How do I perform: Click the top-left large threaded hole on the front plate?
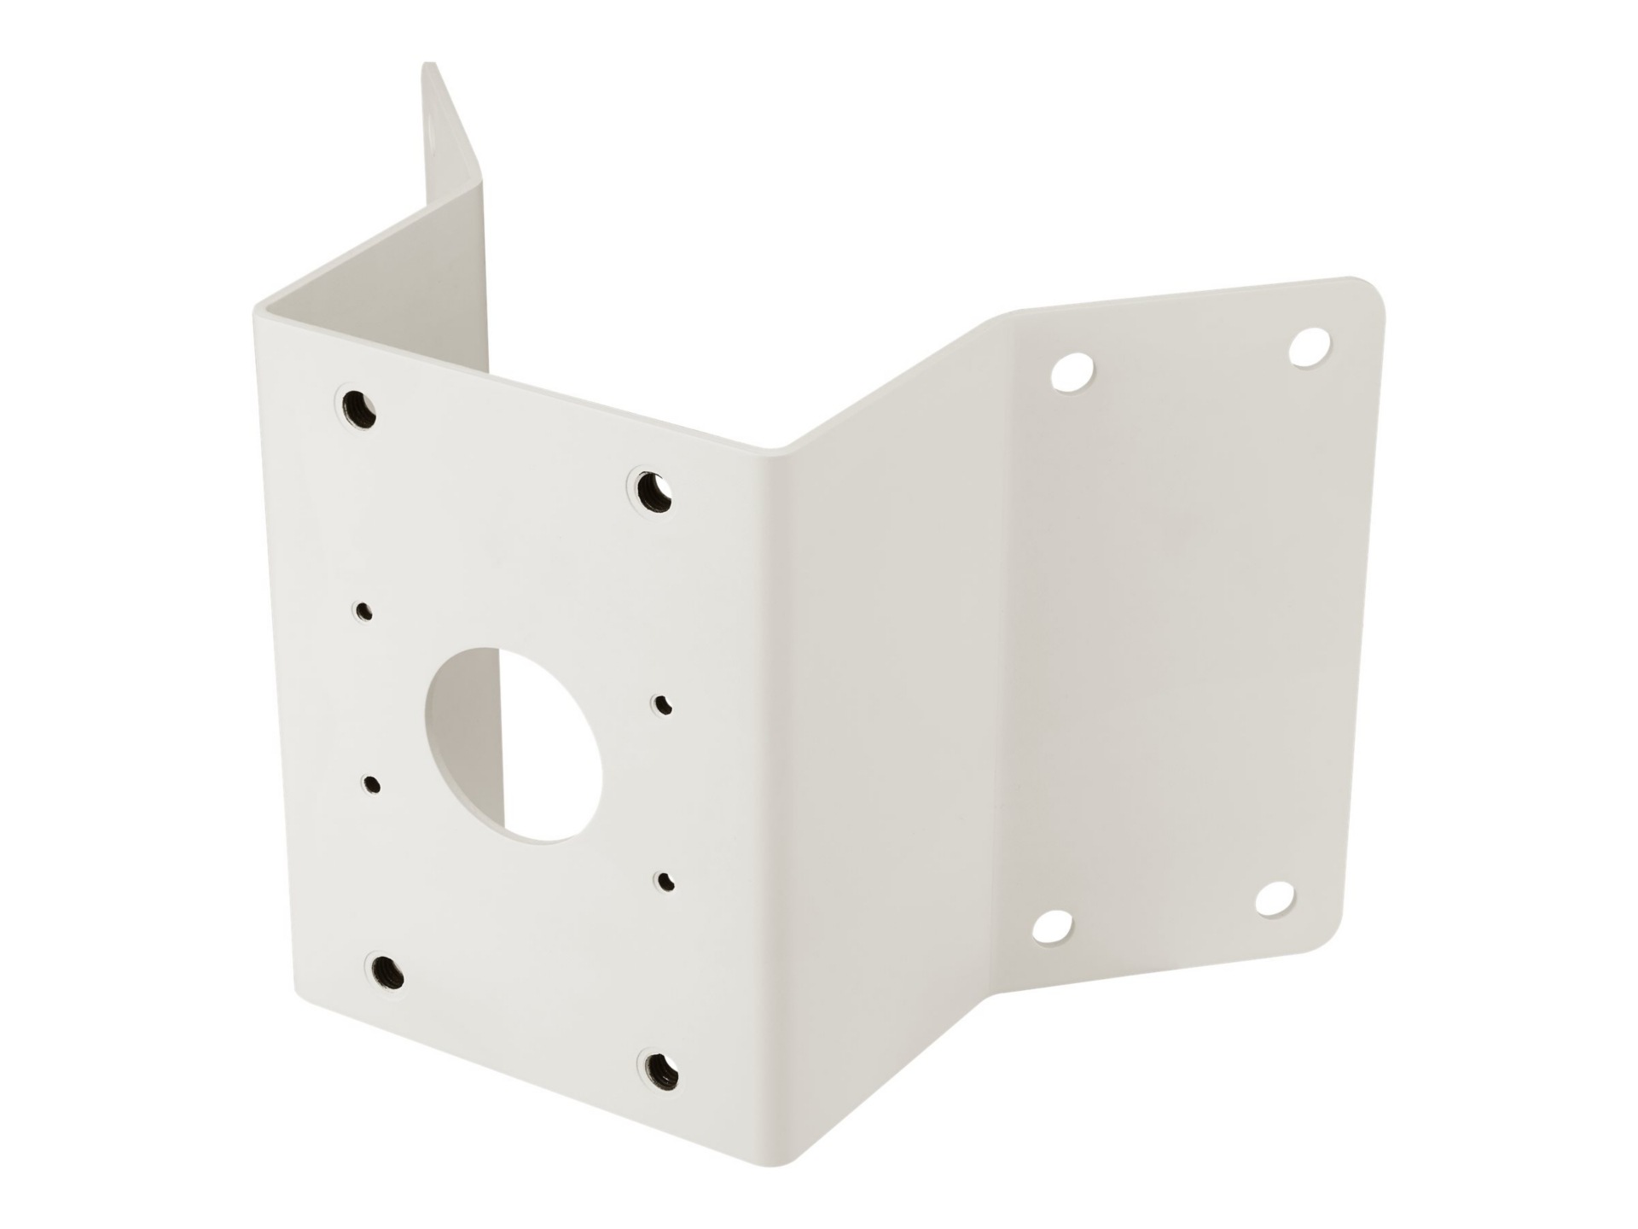[358, 409]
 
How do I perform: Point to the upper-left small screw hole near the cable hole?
[364, 611]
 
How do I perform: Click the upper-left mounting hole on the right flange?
[1073, 373]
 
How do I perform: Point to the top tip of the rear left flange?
[429, 66]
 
